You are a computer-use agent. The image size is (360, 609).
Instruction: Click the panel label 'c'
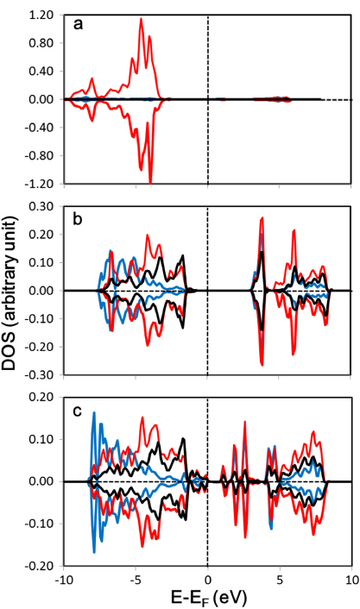[x=78, y=409]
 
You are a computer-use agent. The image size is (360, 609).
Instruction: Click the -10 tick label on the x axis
[x=63, y=579]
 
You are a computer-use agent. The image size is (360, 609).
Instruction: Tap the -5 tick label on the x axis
[x=135, y=579]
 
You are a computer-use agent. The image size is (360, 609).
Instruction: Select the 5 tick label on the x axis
[x=279, y=579]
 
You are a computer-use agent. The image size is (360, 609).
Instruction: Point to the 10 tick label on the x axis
[x=351, y=579]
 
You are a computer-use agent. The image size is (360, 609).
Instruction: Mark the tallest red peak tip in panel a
[x=142, y=19]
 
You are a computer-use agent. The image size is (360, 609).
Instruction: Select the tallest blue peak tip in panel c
[x=93, y=413]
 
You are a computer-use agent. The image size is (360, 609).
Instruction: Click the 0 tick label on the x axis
[x=207, y=579]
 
